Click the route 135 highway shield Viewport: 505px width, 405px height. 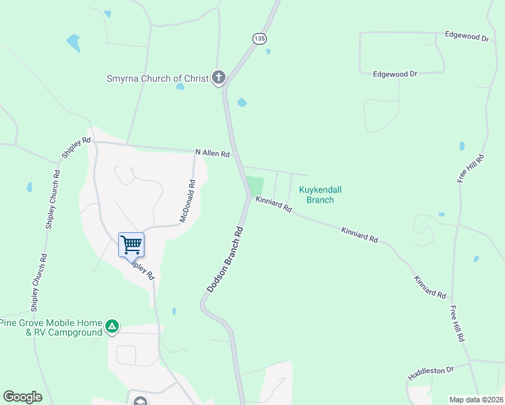pos(259,38)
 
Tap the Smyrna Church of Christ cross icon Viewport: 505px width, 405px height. pos(218,78)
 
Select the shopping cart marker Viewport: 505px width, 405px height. pos(131,244)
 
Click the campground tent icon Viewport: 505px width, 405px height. pos(112,328)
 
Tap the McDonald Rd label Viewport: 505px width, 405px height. pos(188,201)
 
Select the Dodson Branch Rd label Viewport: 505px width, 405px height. pos(225,259)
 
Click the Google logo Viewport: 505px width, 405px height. pos(22,397)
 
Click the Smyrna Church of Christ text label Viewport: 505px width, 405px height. pos(157,78)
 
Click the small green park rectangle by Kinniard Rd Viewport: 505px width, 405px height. pos(255,186)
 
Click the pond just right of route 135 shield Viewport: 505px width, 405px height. pos(269,51)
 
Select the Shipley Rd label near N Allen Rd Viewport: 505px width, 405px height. pos(76,148)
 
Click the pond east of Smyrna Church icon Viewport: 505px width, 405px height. pos(242,103)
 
